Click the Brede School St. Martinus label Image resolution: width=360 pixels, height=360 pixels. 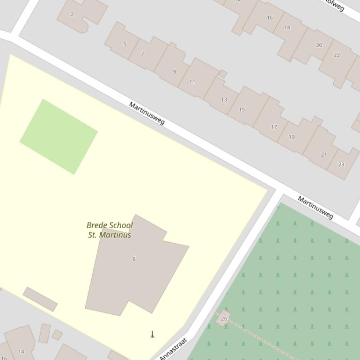point(110,230)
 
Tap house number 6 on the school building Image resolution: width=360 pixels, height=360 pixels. point(134,259)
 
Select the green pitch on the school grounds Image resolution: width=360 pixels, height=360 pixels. point(59,137)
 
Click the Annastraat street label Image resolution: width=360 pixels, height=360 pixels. point(173,349)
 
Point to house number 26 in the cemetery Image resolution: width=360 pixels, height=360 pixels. point(224,319)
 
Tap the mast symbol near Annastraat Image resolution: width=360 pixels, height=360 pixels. point(152,334)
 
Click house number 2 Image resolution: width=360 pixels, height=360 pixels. point(72,14)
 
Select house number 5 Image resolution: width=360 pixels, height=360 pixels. point(125,44)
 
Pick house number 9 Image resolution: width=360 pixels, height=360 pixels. point(174,72)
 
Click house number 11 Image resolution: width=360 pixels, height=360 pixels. point(192,81)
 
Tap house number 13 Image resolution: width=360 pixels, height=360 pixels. point(224,100)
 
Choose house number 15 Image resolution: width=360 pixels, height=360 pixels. point(242,109)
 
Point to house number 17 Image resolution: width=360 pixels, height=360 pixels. point(274,127)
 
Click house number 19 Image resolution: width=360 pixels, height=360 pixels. point(292,137)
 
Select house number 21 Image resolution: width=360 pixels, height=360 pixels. point(323,154)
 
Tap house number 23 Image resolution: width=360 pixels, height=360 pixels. point(341,164)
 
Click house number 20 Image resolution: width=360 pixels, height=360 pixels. point(319,45)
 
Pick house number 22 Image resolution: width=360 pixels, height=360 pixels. point(337,55)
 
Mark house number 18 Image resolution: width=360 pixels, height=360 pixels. point(287,27)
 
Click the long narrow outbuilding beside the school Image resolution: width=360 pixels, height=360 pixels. point(40,299)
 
